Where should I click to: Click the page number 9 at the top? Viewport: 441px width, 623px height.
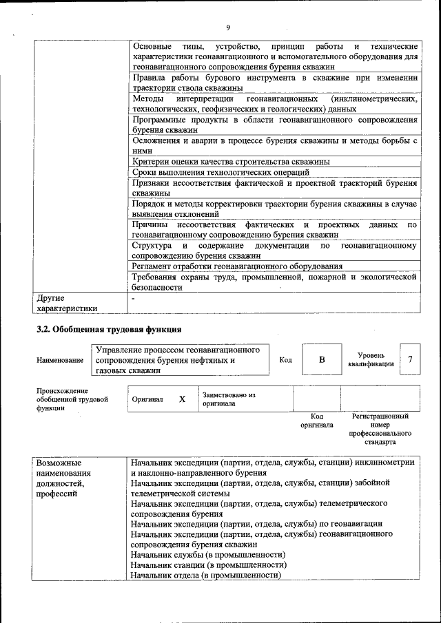click(227, 28)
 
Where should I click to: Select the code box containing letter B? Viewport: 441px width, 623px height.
click(321, 360)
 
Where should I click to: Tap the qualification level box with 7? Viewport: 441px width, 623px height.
click(410, 359)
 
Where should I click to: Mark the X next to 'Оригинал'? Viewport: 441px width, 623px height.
click(182, 399)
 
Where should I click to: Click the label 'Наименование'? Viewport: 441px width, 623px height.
click(60, 360)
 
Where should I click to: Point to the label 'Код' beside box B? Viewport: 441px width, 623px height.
click(285, 359)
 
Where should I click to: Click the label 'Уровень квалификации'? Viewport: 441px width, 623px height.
click(371, 359)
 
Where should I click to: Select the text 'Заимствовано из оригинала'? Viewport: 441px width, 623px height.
click(228, 399)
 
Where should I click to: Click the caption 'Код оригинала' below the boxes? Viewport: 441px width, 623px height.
click(317, 421)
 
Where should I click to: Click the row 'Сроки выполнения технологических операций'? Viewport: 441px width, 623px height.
click(220, 172)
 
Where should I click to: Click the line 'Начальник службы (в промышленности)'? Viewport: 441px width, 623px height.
click(207, 554)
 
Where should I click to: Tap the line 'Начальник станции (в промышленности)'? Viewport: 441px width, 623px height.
click(208, 564)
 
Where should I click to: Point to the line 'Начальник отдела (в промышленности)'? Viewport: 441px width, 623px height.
click(206, 575)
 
